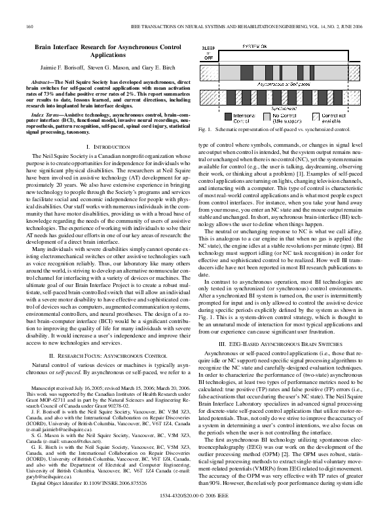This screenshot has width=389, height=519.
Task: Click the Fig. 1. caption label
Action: click(x=206, y=131)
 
